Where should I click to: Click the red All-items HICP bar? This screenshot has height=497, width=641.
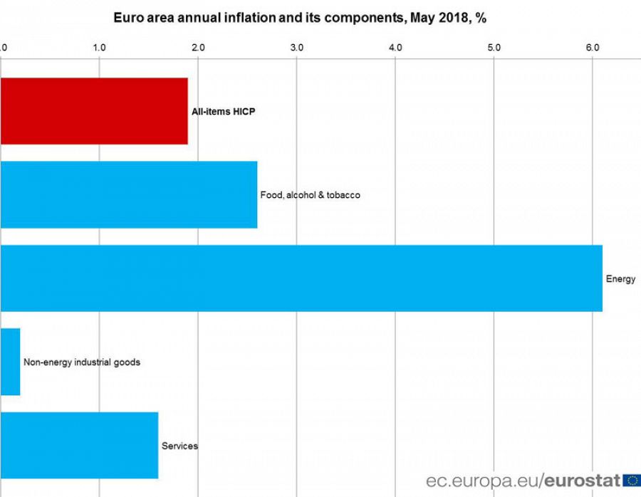point(93,111)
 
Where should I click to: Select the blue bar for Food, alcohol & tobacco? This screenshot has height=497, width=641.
point(128,194)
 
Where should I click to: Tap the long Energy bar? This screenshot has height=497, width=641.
point(301,278)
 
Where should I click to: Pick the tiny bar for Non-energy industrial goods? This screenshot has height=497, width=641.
point(10,362)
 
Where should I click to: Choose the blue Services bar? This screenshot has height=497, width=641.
point(78,446)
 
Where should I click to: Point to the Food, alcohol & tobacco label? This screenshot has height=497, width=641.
point(310,195)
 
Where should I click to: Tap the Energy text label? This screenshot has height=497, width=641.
point(620,279)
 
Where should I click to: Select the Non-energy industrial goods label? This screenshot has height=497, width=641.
point(82,362)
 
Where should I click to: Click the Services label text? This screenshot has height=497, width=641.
point(179,446)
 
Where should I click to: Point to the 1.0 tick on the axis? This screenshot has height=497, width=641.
point(99,48)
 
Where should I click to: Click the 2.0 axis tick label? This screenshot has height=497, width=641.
point(198,48)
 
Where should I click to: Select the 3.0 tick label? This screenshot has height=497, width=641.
point(297,48)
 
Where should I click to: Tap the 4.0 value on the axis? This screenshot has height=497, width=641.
point(395,48)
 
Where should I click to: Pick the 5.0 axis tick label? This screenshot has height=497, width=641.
point(494,48)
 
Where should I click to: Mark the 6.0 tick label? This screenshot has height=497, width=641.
point(593,48)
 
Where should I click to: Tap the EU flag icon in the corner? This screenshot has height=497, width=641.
point(631,480)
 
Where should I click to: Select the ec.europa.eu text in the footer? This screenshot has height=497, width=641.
point(483,481)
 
